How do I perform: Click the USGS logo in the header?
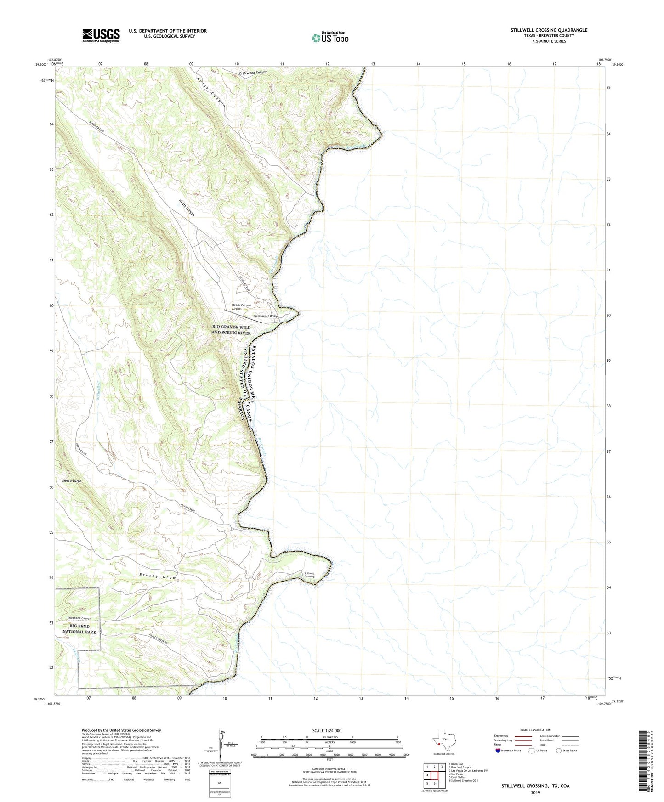point(101,35)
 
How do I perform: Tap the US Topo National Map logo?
point(330,37)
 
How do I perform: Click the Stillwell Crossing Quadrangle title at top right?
point(549,30)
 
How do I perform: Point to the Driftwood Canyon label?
point(253,73)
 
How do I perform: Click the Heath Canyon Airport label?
point(241,307)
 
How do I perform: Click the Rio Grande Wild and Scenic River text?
point(231,330)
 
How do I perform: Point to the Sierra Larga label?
point(72,480)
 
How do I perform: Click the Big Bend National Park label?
point(79,629)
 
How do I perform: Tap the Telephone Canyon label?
point(79,618)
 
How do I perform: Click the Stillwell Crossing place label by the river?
point(310,575)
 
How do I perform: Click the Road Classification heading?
point(535,730)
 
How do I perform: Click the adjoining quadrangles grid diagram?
point(434,775)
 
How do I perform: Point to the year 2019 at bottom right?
point(535,792)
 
